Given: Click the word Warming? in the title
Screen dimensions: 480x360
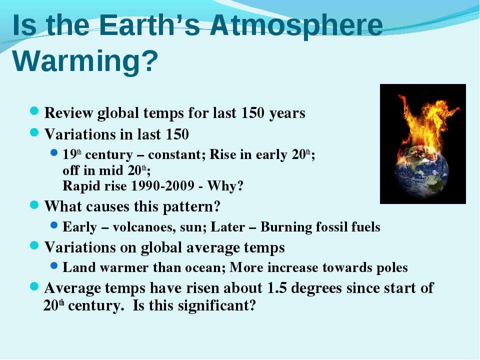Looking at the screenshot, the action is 85,61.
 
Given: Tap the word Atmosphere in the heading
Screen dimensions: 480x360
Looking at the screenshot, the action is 296,26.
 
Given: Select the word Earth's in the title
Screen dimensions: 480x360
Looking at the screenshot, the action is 149,25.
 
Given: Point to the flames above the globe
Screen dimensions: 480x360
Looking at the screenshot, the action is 425,122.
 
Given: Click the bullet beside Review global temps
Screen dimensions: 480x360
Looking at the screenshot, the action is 34,111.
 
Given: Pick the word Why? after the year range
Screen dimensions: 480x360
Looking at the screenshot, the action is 225,186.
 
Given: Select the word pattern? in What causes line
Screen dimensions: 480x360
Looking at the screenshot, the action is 191,207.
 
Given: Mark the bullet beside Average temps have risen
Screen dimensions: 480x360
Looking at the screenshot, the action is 34,286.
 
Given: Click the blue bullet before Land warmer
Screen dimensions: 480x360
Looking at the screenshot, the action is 54,265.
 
